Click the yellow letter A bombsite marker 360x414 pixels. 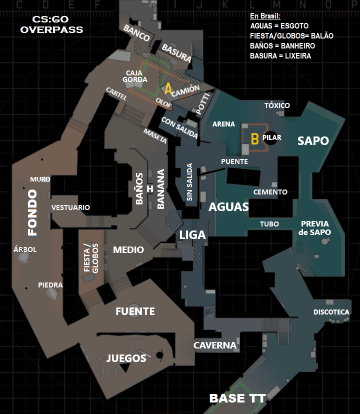168,88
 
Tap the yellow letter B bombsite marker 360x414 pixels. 254,139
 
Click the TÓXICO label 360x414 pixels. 277,105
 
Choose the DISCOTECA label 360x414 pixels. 331,312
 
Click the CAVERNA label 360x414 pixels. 215,345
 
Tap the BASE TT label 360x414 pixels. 237,398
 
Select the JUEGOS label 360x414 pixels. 126,358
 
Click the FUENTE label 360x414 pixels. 135,311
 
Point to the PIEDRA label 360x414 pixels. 50,285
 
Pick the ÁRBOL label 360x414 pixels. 25,249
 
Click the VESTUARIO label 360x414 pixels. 70,207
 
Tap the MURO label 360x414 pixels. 40,179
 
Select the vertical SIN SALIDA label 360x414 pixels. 189,182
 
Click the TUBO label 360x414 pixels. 269,224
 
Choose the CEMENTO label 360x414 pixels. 270,192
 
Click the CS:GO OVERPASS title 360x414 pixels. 51,24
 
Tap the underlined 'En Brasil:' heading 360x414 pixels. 265,16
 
